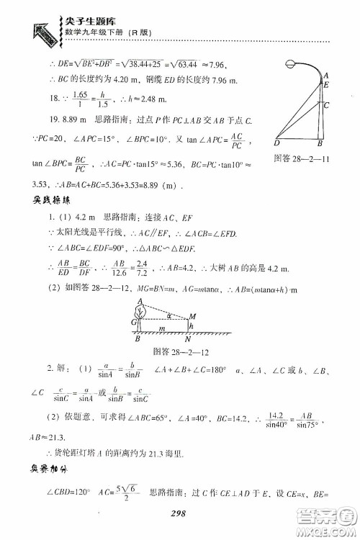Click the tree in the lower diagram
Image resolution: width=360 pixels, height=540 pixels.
pyautogui.click(x=142, y=291)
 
